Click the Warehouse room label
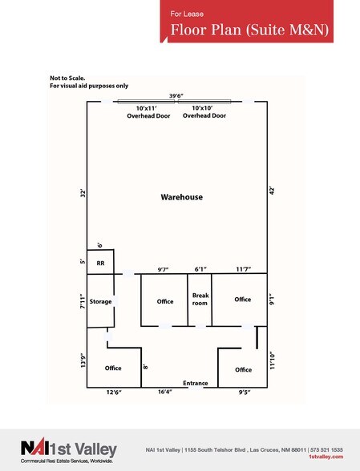(x=182, y=197)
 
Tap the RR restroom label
(x=100, y=263)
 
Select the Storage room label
(x=100, y=301)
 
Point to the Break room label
(x=200, y=300)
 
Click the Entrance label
(x=196, y=383)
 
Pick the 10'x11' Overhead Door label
(x=148, y=112)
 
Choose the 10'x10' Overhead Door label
(x=204, y=112)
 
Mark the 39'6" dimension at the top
(x=176, y=96)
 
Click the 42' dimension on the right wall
(x=272, y=191)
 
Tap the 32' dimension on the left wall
(x=83, y=194)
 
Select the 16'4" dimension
(x=165, y=392)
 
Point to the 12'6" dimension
(x=114, y=392)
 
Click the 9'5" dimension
(x=245, y=392)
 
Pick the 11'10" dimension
(x=272, y=360)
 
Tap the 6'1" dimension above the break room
(x=200, y=269)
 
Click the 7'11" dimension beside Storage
(x=83, y=301)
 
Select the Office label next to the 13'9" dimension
(x=113, y=368)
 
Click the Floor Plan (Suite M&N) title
(x=249, y=30)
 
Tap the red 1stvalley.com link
(x=326, y=457)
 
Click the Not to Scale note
(x=67, y=78)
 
